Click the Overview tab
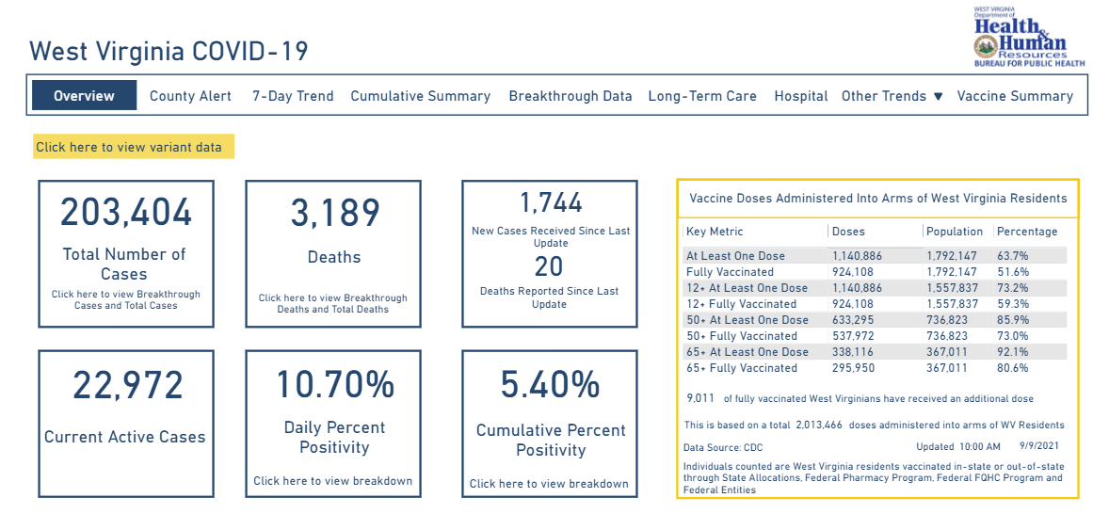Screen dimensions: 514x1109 [84, 95]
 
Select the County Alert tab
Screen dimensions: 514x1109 [190, 96]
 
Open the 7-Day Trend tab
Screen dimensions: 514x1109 [293, 96]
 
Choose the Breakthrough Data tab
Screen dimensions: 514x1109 [570, 96]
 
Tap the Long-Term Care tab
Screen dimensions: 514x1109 [702, 96]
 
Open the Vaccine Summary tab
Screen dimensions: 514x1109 [1015, 96]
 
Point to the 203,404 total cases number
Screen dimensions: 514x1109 [126, 213]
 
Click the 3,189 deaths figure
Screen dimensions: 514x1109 [334, 214]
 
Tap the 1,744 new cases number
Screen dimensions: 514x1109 [551, 202]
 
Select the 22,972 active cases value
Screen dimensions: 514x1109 [126, 386]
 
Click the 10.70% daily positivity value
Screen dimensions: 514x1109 [334, 385]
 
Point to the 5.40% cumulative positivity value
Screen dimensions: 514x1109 [551, 385]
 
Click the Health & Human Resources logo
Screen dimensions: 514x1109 [1029, 38]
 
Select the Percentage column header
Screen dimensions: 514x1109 [1027, 232]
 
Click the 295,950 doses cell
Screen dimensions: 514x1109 [853, 368]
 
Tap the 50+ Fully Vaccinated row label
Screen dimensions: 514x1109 [742, 336]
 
